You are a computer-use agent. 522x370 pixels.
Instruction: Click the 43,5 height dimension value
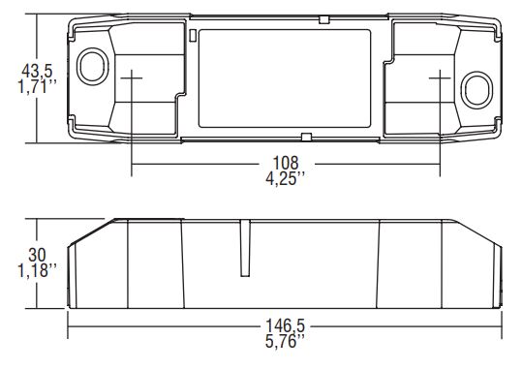[37, 72]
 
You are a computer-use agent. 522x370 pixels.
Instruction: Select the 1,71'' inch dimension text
[37, 86]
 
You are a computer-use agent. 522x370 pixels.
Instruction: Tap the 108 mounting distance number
[286, 163]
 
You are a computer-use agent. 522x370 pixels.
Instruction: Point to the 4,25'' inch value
[286, 178]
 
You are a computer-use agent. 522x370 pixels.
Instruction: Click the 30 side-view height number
[37, 255]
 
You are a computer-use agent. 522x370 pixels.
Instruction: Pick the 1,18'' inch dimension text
[37, 270]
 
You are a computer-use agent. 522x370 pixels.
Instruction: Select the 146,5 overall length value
[285, 325]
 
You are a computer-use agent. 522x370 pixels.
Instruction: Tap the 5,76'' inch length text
[285, 341]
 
